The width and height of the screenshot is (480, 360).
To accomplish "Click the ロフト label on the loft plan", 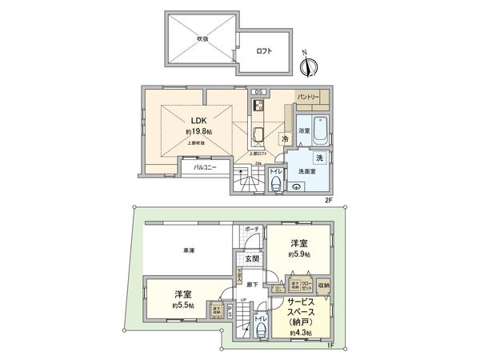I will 263,51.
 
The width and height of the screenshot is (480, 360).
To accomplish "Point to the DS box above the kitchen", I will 259,92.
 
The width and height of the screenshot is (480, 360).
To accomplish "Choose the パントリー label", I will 309,97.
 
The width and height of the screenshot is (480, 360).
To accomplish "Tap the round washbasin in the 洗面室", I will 298,186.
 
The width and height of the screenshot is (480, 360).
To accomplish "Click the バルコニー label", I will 205,168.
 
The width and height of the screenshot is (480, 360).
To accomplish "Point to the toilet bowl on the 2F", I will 275,186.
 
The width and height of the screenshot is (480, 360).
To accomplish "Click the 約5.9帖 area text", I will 300,254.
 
